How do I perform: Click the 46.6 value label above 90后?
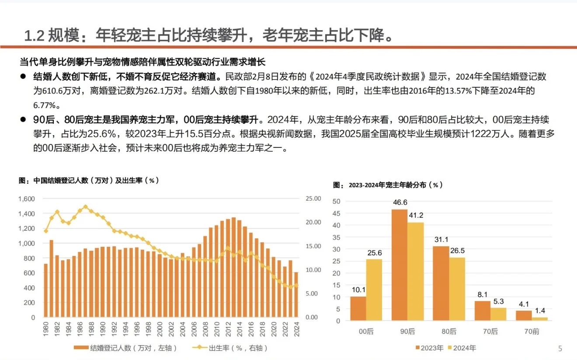coord(400,203)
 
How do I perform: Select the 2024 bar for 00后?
coord(374,290)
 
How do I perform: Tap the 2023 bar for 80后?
coord(441,283)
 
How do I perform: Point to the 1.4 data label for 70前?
coord(540,311)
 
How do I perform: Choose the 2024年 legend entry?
coord(462,348)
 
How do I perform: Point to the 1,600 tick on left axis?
coord(26,199)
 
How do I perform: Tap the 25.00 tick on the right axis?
coord(313,199)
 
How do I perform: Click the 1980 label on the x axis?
coord(46,329)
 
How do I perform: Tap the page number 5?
coord(560,349)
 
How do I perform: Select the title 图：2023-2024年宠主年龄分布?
coord(388,185)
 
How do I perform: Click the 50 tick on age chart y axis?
coord(336,201)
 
